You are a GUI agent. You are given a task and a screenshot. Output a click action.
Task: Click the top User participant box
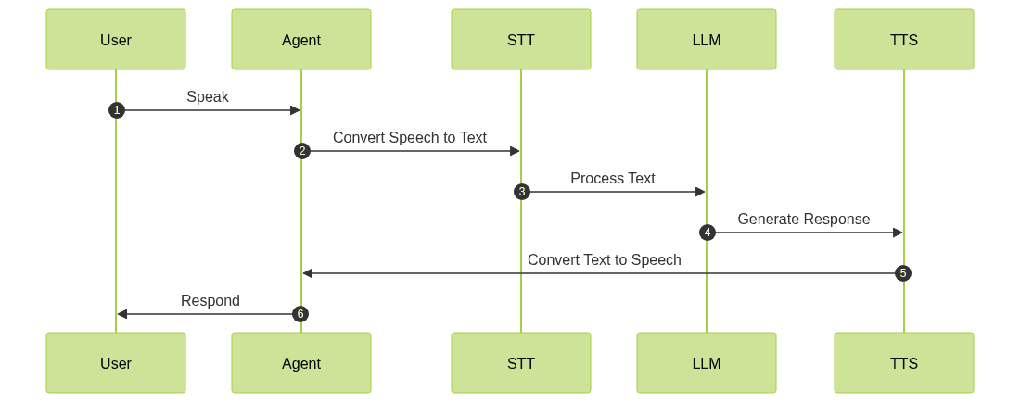pos(116,40)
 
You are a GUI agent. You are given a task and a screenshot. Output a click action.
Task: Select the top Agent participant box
pos(301,40)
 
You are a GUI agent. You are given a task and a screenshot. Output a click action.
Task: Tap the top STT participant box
pos(521,40)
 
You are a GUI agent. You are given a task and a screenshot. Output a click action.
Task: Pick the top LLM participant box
pos(707,40)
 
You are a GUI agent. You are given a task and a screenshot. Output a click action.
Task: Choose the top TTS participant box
pos(904,40)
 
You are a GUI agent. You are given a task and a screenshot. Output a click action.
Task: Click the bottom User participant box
pos(116,363)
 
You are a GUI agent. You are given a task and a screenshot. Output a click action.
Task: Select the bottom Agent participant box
pos(301,363)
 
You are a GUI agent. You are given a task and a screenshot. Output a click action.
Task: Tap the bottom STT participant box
pos(521,363)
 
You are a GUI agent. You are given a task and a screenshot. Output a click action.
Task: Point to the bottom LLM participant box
pos(707,363)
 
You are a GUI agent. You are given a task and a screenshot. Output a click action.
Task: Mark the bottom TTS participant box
pos(904,363)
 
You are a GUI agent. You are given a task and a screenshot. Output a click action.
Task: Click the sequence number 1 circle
pos(116,110)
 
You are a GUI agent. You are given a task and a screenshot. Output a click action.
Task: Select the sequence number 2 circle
pos(301,151)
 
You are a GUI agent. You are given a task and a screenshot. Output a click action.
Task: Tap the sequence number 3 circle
pos(521,192)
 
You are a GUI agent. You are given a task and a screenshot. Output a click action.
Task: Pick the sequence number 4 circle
pos(707,233)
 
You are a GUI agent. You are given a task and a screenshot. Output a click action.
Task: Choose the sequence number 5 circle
pos(903,273)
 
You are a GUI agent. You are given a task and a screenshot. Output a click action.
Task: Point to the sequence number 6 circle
pos(300,314)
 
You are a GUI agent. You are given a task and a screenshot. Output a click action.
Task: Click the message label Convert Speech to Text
pos(410,138)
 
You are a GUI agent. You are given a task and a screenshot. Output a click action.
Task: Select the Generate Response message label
pos(804,220)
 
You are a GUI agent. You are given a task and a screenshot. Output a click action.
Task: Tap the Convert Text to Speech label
pos(604,260)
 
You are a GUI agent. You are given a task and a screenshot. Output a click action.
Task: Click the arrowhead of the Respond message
pos(121,314)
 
